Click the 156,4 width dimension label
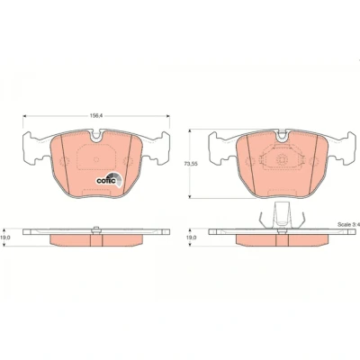click(x=96, y=116)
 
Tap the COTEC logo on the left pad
click(x=110, y=180)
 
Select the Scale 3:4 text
click(x=348, y=224)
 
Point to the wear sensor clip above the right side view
click(x=282, y=216)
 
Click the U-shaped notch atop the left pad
click(x=96, y=137)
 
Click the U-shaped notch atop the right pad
click(x=282, y=137)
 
